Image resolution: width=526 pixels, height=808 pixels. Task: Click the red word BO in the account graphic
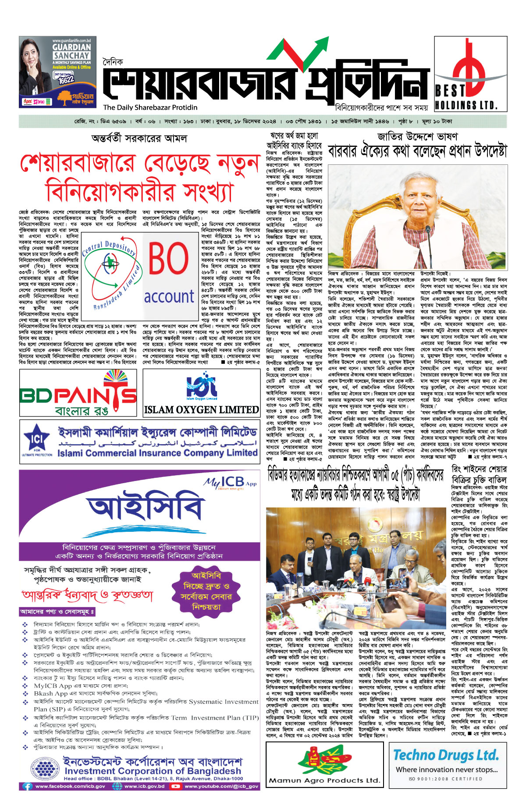[x=168, y=259]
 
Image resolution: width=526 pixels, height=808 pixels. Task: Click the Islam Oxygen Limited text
[x=202, y=409]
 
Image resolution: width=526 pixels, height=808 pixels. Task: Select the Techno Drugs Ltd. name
[x=446, y=755]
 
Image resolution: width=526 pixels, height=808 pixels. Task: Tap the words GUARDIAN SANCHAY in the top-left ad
[x=72, y=51]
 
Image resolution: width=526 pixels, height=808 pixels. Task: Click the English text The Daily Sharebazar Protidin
[x=150, y=107]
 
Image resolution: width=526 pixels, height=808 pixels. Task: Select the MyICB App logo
[x=230, y=482]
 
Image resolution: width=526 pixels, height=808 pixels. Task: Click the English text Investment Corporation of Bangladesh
[x=153, y=771]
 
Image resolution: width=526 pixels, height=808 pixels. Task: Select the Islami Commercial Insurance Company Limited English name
[x=157, y=452]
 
